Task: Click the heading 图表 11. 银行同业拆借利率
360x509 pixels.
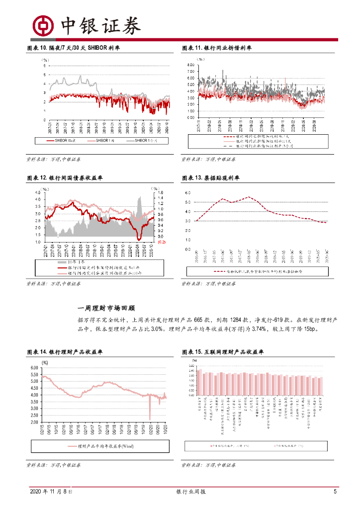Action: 217,48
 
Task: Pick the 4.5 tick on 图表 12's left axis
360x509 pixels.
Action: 38,192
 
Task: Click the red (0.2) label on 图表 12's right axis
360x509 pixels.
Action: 161,242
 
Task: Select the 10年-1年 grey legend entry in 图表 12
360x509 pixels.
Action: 70,262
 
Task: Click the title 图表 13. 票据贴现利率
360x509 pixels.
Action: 211,178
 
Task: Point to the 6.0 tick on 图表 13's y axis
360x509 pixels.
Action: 188,192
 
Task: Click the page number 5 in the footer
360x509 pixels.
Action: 335,492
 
